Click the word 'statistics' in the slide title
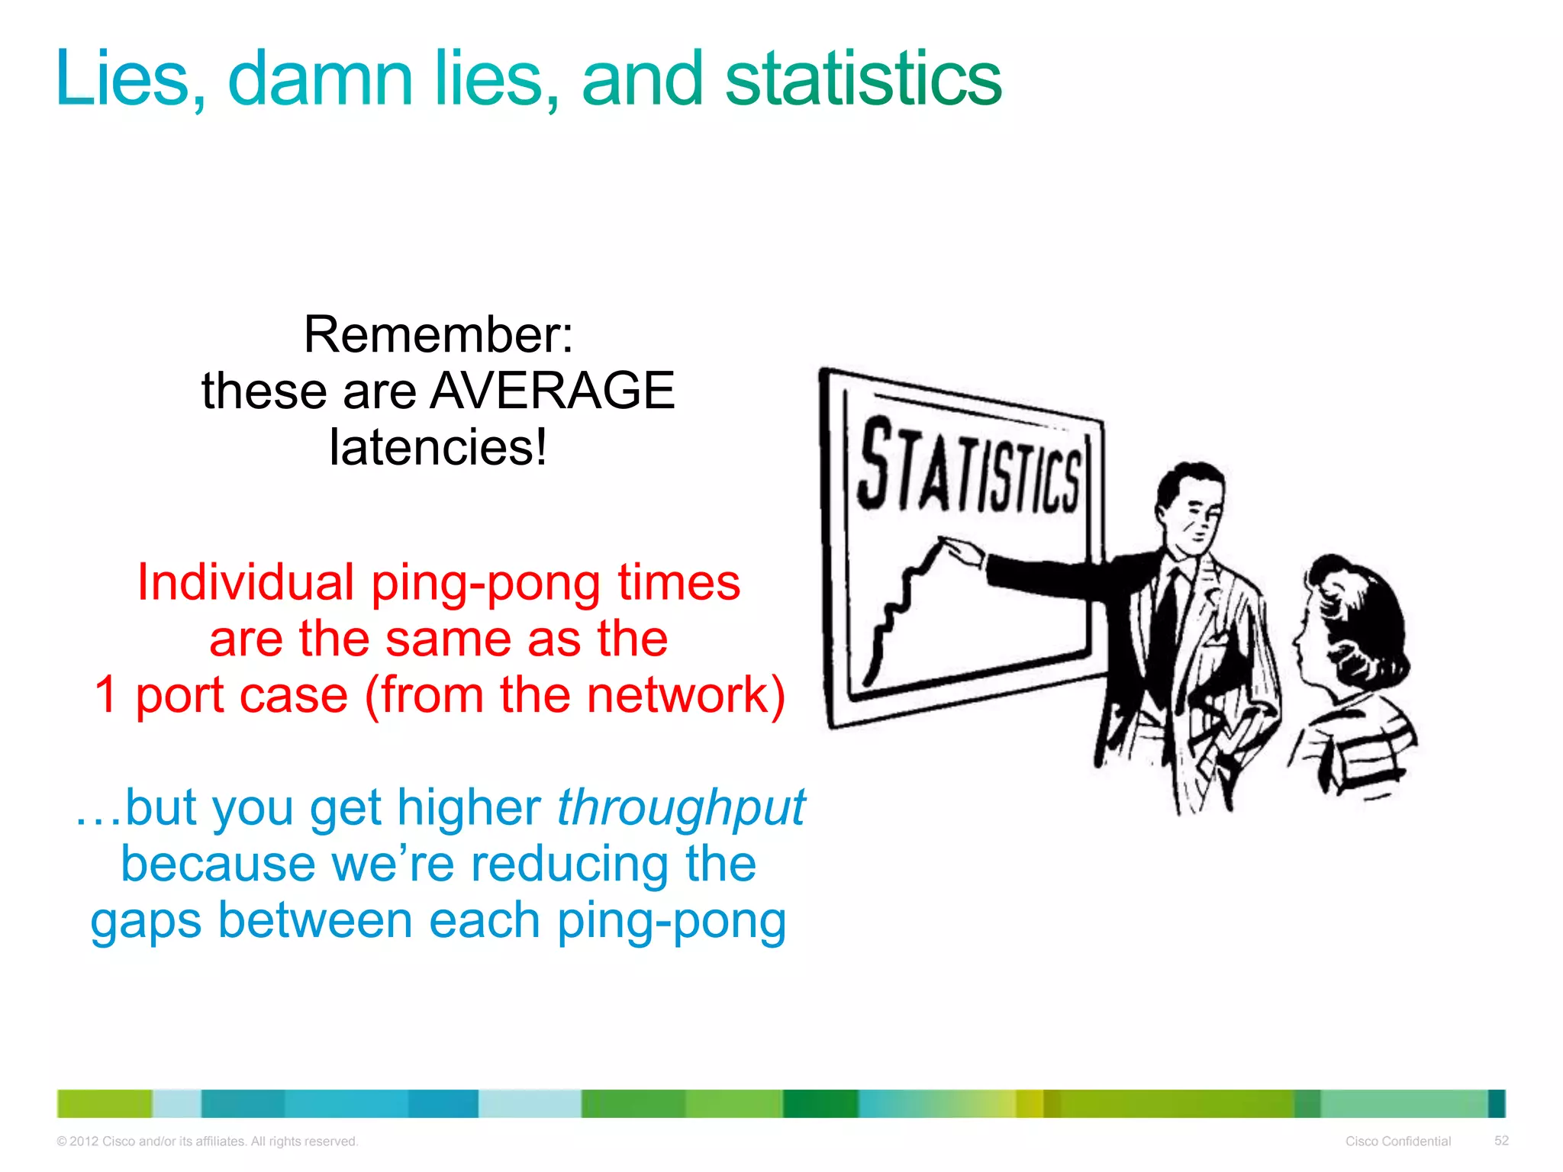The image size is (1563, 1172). click(862, 79)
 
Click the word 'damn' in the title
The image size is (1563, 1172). click(320, 79)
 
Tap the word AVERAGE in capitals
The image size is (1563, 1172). click(553, 391)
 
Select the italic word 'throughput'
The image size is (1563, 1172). click(681, 807)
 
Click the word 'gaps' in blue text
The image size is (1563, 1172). click(145, 922)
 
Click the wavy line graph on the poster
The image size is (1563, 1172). click(901, 603)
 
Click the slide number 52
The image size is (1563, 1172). click(1500, 1140)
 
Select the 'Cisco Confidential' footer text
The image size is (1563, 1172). click(1397, 1141)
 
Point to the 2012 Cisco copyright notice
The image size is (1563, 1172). click(207, 1141)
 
